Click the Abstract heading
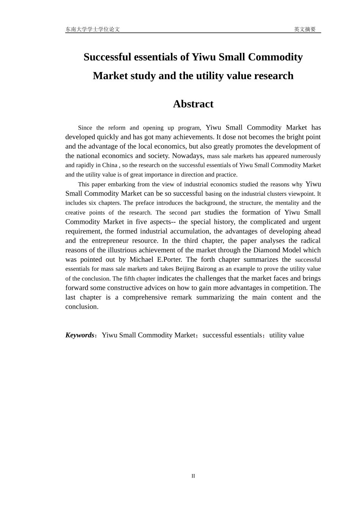(x=193, y=104)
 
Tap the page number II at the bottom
(x=193, y=476)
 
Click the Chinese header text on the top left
(x=92, y=29)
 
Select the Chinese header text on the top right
(x=305, y=29)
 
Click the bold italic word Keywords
(x=80, y=335)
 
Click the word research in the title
(x=274, y=76)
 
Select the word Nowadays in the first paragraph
(x=188, y=156)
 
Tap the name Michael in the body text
(x=141, y=259)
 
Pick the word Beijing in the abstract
(x=185, y=269)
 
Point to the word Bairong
(x=207, y=269)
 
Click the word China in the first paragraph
(x=110, y=165)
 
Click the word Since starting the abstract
(x=85, y=128)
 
